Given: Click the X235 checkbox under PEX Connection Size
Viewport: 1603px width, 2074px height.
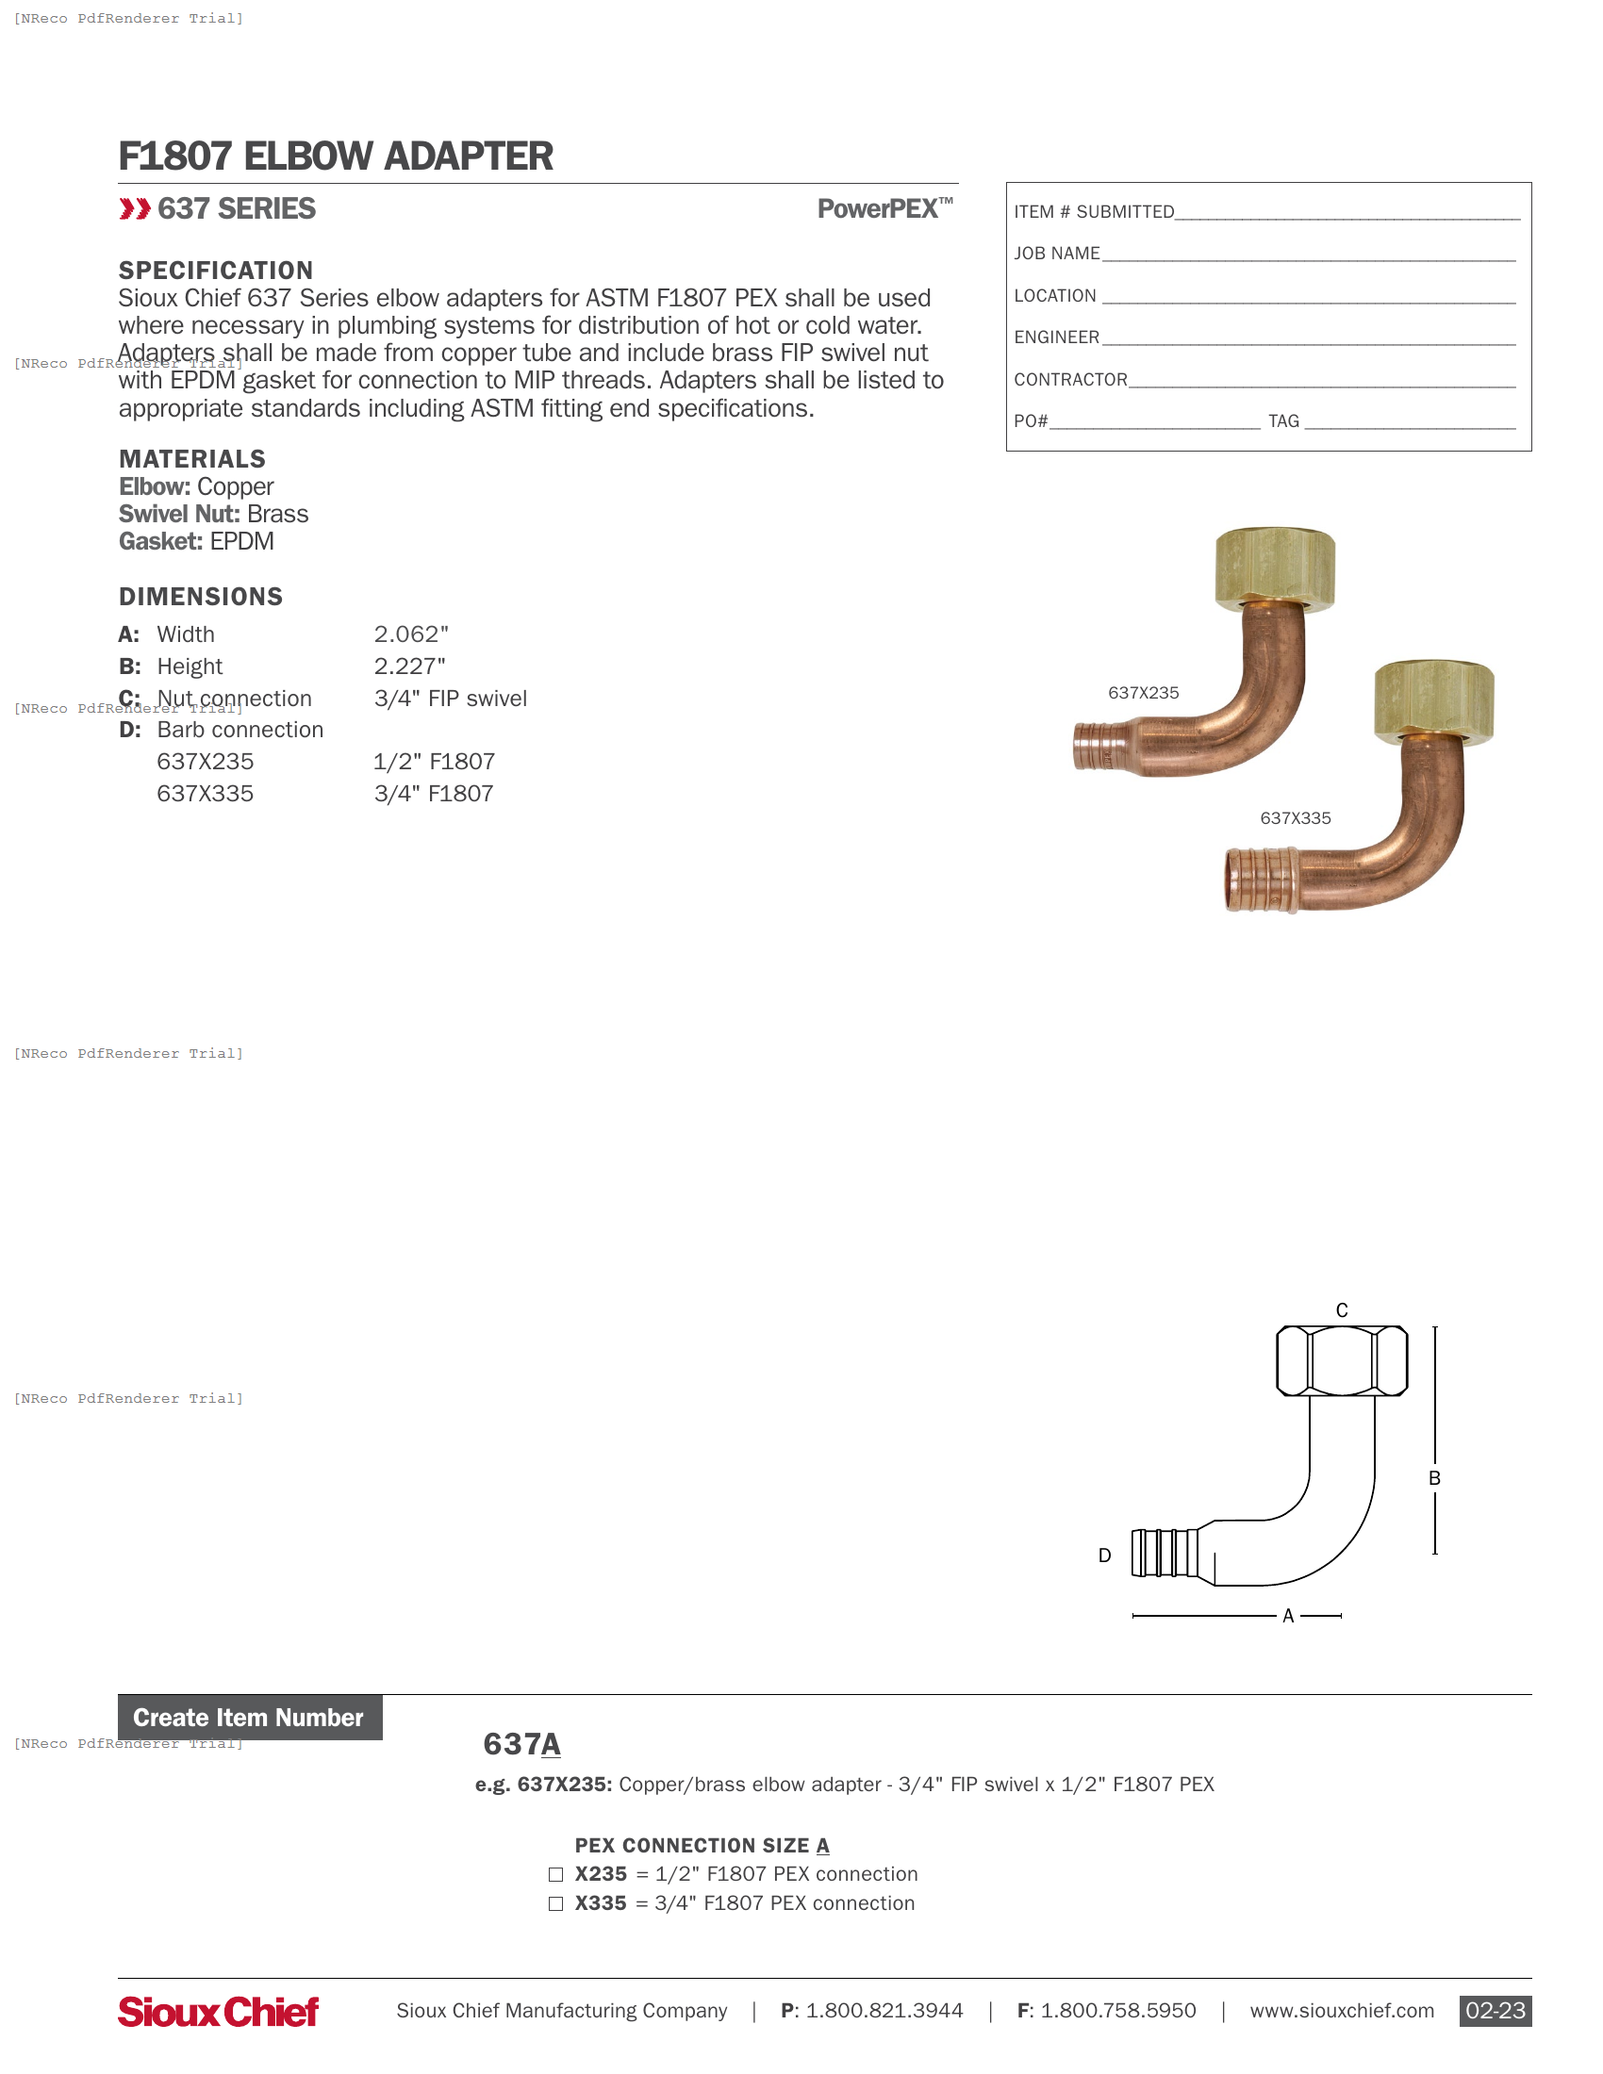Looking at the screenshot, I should [x=555, y=1874].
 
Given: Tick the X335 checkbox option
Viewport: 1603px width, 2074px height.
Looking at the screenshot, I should [x=555, y=1904].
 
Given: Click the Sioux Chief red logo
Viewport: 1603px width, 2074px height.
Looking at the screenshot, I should [x=219, y=2012].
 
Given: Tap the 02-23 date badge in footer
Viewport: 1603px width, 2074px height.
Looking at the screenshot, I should [x=1495, y=2011].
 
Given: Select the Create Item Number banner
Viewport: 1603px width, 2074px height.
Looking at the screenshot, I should [x=249, y=1718].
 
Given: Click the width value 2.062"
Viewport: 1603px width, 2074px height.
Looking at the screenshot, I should [x=411, y=634].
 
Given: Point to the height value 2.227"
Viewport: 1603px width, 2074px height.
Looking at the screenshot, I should [x=409, y=667].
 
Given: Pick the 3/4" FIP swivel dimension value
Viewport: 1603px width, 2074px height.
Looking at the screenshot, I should [x=450, y=699].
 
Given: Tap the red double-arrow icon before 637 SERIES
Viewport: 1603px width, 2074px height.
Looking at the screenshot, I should [x=135, y=209].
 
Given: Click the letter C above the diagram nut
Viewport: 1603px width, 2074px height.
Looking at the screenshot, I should [x=1342, y=1310].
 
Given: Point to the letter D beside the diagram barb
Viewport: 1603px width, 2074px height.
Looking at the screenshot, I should [x=1104, y=1555].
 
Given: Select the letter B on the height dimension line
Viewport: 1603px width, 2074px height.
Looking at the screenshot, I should [x=1434, y=1478].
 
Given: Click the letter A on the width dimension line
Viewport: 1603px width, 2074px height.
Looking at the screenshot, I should [x=1288, y=1616].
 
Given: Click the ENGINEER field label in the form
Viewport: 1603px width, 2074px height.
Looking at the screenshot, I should [x=1056, y=338].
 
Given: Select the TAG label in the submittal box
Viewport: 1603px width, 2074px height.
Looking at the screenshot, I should [x=1283, y=421].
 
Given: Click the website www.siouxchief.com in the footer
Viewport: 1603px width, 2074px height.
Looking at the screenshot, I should [x=1341, y=2012].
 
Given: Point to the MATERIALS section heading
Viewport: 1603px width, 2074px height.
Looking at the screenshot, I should [x=191, y=460].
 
